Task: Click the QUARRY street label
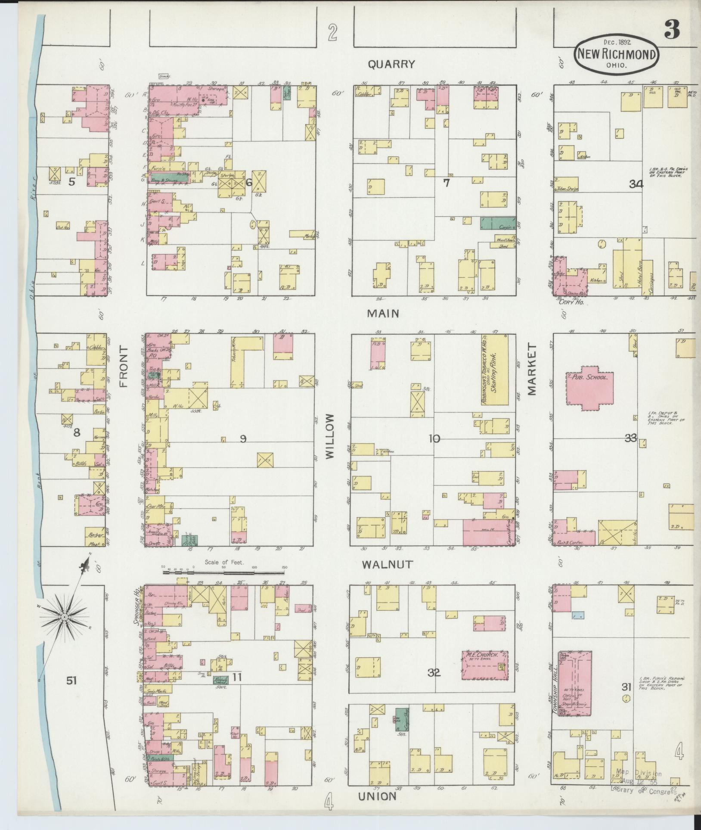pyautogui.click(x=391, y=64)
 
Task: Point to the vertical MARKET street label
pyautogui.click(x=532, y=369)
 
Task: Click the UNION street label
pyautogui.click(x=377, y=796)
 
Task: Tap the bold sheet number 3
pyautogui.click(x=671, y=29)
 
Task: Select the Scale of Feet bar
pyautogui.click(x=224, y=572)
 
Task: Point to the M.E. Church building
pyautogui.click(x=485, y=677)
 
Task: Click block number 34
pyautogui.click(x=636, y=184)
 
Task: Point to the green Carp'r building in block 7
pyautogui.click(x=498, y=223)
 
